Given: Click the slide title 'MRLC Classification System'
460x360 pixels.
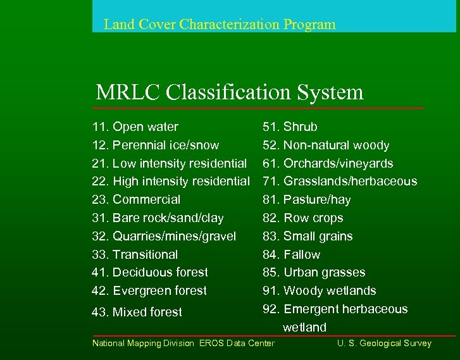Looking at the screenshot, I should [x=230, y=92].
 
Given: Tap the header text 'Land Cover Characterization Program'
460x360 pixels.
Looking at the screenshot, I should [x=220, y=25].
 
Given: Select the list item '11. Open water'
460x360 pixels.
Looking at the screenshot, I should [x=135, y=127].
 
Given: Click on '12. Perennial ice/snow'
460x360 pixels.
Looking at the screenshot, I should [x=156, y=146].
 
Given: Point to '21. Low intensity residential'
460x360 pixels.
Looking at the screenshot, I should [x=170, y=164].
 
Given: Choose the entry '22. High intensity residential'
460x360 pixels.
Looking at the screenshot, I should [x=171, y=182].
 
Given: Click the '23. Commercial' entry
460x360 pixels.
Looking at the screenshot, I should [x=136, y=200].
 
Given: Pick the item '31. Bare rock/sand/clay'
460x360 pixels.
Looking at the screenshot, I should [x=158, y=218].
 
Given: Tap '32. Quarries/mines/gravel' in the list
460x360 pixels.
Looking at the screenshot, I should [x=164, y=236].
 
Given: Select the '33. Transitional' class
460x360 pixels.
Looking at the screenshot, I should [x=135, y=254].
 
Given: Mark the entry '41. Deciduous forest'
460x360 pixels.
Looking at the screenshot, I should [x=150, y=273].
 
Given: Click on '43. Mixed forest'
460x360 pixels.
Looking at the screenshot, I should [x=137, y=312].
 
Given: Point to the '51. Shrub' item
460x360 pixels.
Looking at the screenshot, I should [x=290, y=127].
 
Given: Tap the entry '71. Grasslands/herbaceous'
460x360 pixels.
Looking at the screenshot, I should [x=340, y=182].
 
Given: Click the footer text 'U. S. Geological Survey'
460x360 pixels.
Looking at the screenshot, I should [x=384, y=343].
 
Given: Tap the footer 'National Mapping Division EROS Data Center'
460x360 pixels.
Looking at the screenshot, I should [x=183, y=343].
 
